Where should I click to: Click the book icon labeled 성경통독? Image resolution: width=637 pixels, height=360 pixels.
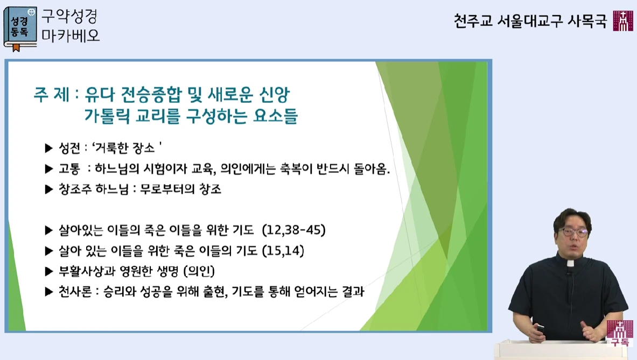tap(20, 29)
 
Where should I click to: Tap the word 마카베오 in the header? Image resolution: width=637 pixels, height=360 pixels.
tap(71, 36)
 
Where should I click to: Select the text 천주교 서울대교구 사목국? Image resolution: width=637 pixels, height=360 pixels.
tap(530, 20)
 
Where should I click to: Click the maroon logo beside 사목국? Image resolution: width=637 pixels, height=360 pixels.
tap(623, 20)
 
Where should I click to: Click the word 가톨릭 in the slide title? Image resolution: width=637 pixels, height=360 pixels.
tap(107, 116)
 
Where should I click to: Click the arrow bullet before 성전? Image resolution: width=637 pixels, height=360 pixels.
tap(49, 149)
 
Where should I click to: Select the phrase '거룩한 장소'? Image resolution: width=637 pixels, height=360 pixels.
tap(127, 148)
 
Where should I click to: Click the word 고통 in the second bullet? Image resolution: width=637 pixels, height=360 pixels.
tap(69, 169)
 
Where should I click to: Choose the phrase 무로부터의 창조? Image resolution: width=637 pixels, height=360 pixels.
tap(180, 189)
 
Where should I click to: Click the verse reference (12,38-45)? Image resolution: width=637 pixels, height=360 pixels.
tap(293, 230)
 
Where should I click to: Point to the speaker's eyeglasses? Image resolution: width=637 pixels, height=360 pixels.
tap(573, 232)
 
